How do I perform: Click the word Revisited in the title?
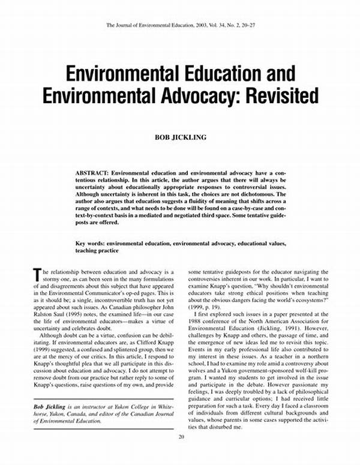(271, 97)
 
